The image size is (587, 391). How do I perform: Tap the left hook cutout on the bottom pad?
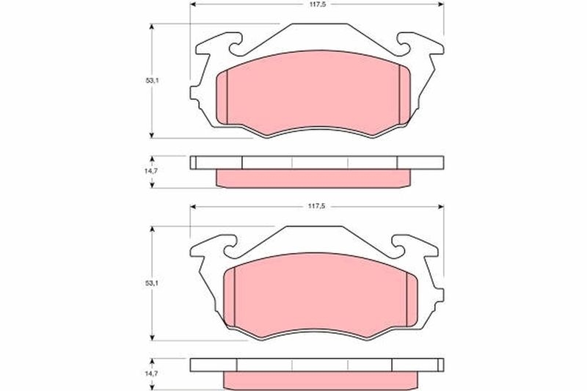[x=233, y=250]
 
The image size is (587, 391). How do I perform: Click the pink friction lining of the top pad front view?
[x=316, y=94]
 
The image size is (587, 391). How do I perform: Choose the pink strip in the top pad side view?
[x=316, y=178]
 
